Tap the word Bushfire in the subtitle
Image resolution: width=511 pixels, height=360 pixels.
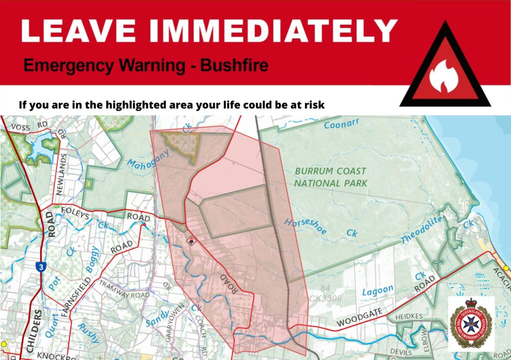coord(234,66)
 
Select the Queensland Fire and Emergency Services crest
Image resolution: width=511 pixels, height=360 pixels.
coord(471,323)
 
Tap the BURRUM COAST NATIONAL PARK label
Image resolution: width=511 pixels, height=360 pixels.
coord(330,177)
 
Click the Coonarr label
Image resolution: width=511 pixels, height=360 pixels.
coord(342,125)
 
